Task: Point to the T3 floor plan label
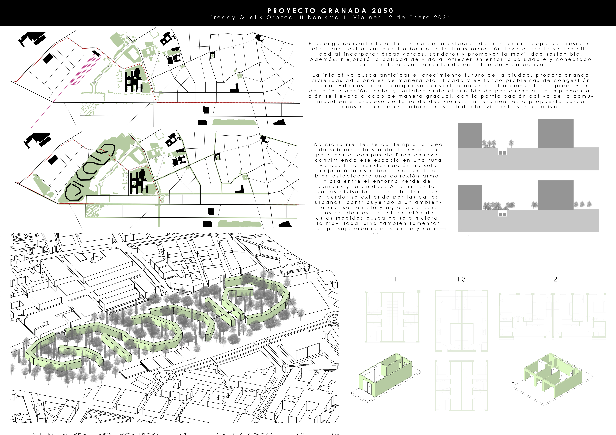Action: pyautogui.click(x=461, y=279)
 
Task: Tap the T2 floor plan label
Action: pyautogui.click(x=553, y=279)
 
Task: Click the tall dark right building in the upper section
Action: pyautogui.click(x=556, y=133)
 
